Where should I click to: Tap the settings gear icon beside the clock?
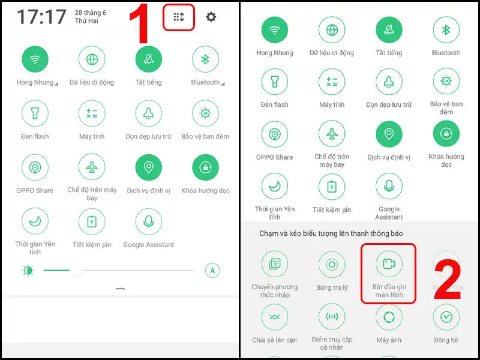[x=211, y=17]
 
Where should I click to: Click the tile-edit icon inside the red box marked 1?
[x=178, y=17]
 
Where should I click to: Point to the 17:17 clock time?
[x=41, y=17]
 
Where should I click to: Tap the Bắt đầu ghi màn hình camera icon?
[x=389, y=264]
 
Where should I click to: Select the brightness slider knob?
[x=76, y=271]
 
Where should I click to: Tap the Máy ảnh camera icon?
[x=389, y=317]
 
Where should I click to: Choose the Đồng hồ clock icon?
[x=446, y=317]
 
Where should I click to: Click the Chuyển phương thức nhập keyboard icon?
[x=275, y=264]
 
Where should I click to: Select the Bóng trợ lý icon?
[x=332, y=264]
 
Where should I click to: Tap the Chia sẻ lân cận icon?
[x=275, y=317]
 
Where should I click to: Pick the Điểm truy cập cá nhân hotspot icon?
[x=332, y=317]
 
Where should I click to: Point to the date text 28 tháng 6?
[x=91, y=13]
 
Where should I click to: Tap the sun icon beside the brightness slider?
[x=28, y=271]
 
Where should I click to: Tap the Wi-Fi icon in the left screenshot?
[x=35, y=59]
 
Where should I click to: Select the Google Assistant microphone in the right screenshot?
[x=389, y=186]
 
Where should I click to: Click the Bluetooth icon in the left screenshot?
[x=205, y=59]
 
